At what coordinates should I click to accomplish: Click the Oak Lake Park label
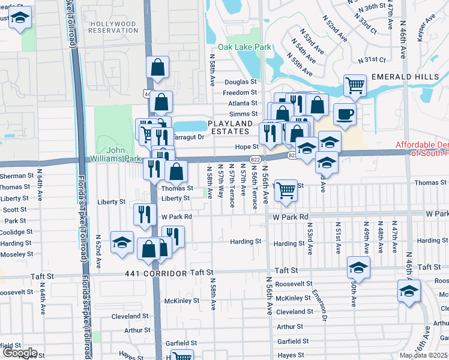pyautogui.click(x=245, y=47)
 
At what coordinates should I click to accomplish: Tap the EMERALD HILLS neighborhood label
pyautogui.click(x=409, y=77)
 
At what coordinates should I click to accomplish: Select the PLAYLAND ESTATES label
pyautogui.click(x=230, y=127)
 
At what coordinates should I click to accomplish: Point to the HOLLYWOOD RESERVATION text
pyautogui.click(x=113, y=26)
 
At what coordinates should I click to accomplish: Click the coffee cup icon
pyautogui.click(x=345, y=113)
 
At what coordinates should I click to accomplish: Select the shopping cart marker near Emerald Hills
pyautogui.click(x=355, y=85)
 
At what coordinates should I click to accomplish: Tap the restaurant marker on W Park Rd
pyautogui.click(x=144, y=214)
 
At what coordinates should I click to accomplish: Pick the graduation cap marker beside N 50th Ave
pyautogui.click(x=358, y=267)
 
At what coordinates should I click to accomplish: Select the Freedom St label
pyautogui.click(x=240, y=93)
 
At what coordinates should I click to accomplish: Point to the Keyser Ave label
pyautogui.click(x=428, y=28)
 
